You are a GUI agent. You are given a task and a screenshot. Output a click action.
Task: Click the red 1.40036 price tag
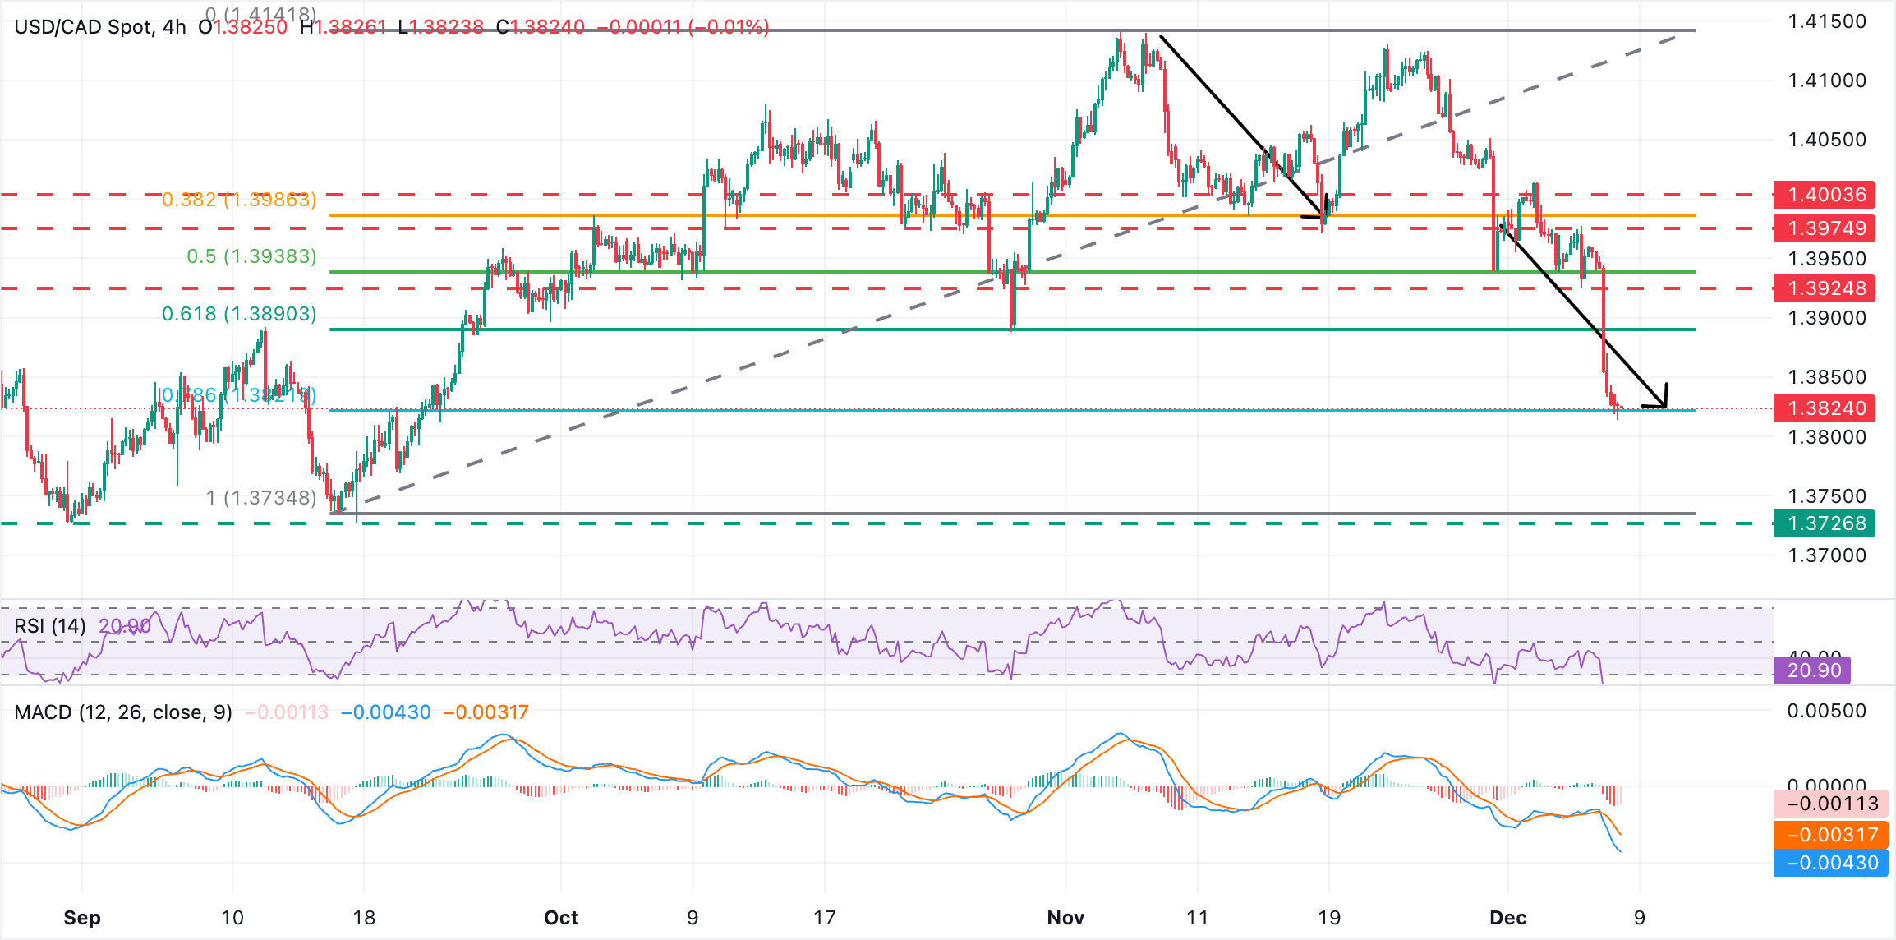(x=1825, y=195)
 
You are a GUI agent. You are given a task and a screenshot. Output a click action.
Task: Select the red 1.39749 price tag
(x=1825, y=228)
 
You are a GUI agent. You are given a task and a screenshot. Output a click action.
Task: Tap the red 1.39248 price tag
(x=1825, y=288)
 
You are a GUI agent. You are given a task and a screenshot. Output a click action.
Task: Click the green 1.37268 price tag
(x=1825, y=523)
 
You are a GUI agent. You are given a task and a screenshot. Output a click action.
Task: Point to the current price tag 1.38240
(x=1825, y=408)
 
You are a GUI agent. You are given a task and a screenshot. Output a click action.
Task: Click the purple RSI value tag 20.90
(x=1813, y=670)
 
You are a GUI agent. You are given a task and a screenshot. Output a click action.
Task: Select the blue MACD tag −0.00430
(x=1831, y=863)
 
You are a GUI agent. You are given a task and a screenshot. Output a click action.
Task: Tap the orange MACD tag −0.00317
(x=1831, y=835)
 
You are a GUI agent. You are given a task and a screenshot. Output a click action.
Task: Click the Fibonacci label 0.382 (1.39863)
(x=238, y=200)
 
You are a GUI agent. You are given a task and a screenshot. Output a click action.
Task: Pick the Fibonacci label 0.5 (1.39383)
(x=251, y=256)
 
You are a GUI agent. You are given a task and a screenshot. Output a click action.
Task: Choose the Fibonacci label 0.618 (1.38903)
(x=239, y=314)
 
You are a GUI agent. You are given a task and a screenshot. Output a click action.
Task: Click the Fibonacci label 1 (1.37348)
(x=260, y=498)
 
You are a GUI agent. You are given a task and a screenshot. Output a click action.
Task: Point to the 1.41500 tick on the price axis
(x=1827, y=22)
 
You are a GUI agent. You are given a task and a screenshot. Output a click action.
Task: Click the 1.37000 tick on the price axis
(x=1827, y=555)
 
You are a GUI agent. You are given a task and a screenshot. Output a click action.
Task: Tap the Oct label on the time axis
(x=561, y=918)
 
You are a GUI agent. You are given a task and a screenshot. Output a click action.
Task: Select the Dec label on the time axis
(x=1508, y=918)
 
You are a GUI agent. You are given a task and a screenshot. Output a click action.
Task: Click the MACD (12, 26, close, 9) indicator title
(x=123, y=712)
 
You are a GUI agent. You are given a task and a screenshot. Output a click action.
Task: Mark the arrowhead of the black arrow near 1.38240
(x=1664, y=404)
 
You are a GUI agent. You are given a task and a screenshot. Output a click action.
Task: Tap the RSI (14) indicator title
(x=50, y=626)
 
